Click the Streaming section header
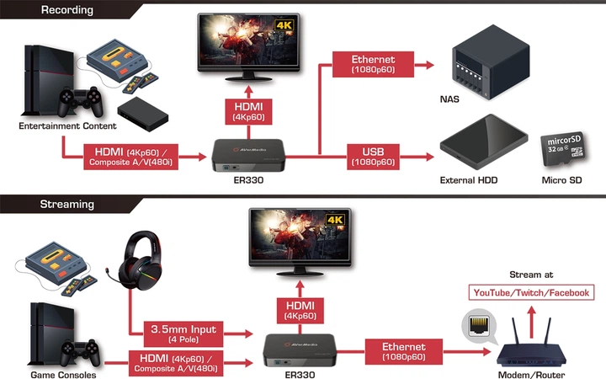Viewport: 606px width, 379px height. coord(66,204)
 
